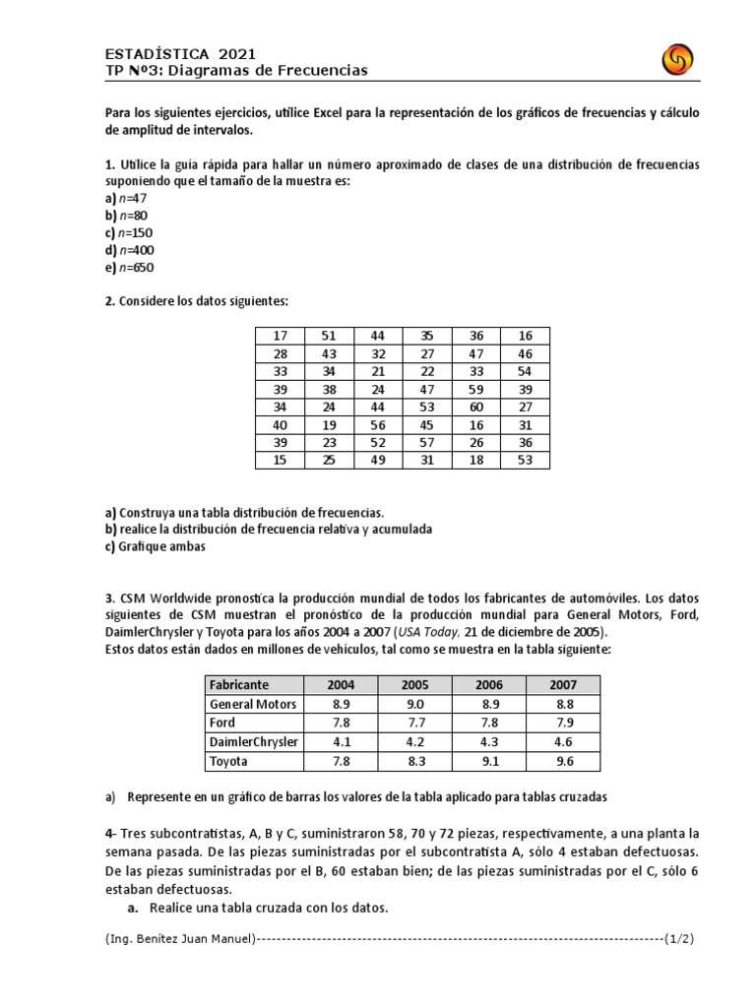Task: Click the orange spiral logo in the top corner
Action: coord(679,62)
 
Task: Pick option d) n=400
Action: coord(129,250)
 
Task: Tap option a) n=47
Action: coord(125,198)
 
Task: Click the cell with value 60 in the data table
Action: coord(475,407)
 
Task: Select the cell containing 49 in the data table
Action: coord(377,460)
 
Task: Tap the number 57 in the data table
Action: coord(426,442)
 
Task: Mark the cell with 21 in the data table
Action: coord(377,371)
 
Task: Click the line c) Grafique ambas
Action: coord(156,547)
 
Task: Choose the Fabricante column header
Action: coord(238,685)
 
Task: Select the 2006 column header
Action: coord(489,685)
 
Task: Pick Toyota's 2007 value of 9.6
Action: coord(563,761)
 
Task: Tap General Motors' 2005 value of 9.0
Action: coord(414,704)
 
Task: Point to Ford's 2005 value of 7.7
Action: coord(414,723)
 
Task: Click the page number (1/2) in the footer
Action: coord(679,939)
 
